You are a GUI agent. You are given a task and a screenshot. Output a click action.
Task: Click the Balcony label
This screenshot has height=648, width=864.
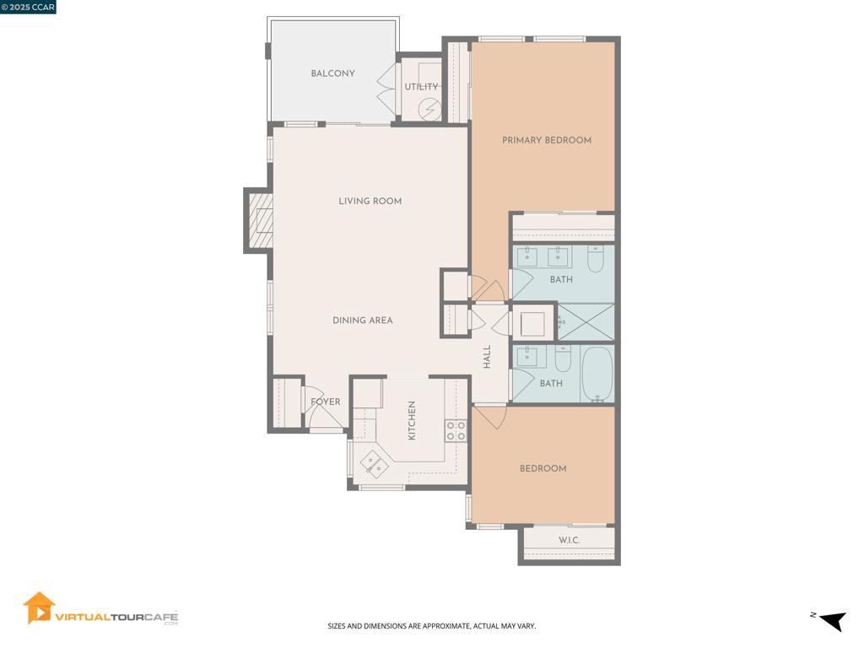332,73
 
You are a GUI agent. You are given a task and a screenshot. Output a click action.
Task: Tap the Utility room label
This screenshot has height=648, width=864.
422,87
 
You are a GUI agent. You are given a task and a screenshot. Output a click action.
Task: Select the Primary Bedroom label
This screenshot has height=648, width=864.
547,140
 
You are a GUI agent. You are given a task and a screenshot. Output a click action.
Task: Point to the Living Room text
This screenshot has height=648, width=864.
370,201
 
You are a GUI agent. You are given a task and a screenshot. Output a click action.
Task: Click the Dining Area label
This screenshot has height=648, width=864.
363,320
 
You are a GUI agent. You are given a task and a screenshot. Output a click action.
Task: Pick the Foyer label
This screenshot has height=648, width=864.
326,402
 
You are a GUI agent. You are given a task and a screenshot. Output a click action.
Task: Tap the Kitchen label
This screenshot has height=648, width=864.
412,420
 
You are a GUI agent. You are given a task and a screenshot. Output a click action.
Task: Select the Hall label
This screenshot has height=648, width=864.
487,357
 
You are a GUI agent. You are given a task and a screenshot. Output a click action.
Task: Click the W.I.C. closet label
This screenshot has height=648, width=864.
570,540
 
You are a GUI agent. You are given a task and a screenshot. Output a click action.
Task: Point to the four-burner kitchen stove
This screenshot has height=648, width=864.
456,430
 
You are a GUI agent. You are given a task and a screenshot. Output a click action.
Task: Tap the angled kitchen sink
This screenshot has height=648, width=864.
374,464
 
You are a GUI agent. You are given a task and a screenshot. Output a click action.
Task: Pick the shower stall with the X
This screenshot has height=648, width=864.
586,321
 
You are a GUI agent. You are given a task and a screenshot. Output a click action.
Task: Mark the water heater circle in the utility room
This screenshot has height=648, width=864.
429,109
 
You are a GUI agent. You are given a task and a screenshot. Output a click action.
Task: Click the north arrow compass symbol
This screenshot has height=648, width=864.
833,620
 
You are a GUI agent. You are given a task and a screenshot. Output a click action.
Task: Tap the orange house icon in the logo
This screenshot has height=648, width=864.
39,607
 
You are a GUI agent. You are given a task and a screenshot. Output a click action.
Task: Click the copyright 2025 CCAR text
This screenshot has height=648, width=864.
28,7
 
